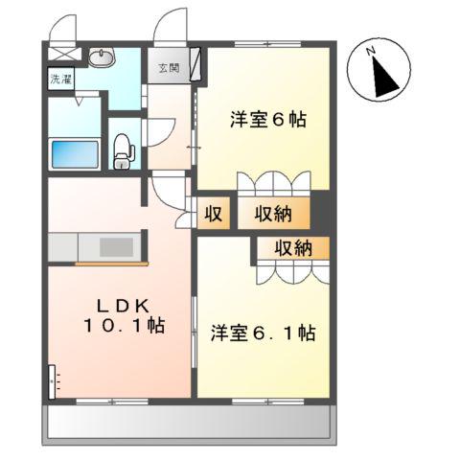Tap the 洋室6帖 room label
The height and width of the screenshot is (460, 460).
tap(267, 121)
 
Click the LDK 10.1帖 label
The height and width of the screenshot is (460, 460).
tap(122, 315)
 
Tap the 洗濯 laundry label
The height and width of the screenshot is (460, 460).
tap(59, 80)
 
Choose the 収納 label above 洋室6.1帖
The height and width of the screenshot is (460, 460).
tap(293, 249)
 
